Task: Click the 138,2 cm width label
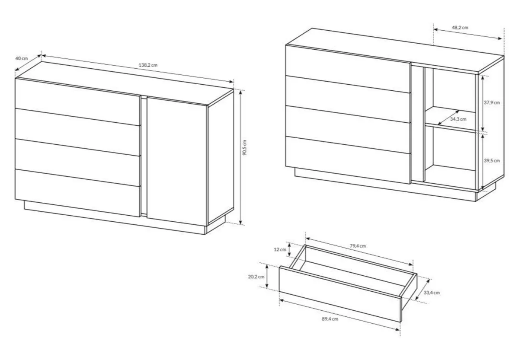(148, 65)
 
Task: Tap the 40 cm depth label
(22, 58)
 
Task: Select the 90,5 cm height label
(244, 147)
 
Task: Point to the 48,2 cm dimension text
(460, 28)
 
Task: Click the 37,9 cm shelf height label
(492, 102)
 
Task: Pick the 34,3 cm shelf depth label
(458, 119)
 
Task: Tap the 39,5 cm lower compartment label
(492, 160)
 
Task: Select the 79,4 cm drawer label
(358, 245)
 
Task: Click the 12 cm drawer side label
(280, 249)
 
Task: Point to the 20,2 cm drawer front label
(256, 277)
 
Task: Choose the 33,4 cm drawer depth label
(432, 293)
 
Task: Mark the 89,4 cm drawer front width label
(330, 319)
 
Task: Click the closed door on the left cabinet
(177, 161)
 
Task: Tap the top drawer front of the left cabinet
(78, 102)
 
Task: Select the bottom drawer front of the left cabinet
(78, 193)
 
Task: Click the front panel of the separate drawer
(340, 294)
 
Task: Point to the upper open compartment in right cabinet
(451, 97)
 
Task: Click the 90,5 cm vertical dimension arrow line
(241, 157)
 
